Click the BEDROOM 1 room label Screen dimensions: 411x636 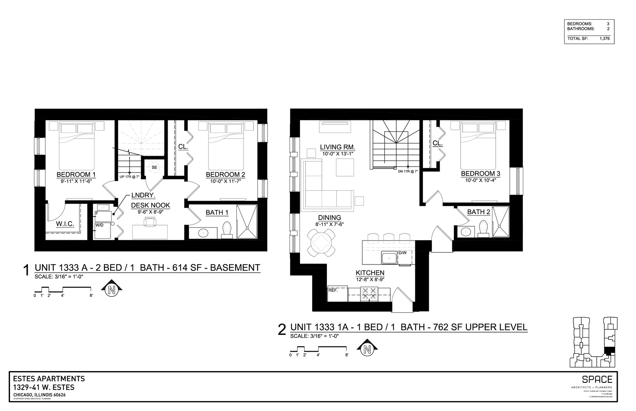[x=76, y=175]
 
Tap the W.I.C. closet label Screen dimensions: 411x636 [x=65, y=224]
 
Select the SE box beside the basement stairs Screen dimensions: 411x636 [x=154, y=167]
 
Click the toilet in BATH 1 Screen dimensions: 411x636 [x=227, y=229]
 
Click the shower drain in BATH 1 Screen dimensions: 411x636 [x=248, y=228]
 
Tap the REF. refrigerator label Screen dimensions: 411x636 [x=333, y=290]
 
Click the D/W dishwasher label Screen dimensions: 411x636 [x=403, y=253]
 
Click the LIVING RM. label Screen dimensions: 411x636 [x=337, y=147]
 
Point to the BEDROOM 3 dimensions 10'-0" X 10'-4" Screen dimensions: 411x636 [x=480, y=180]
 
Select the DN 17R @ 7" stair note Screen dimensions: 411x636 [x=408, y=171]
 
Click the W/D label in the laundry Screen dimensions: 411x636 [x=99, y=225]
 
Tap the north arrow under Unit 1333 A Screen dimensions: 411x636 [x=112, y=290]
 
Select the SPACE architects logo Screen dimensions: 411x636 [x=597, y=379]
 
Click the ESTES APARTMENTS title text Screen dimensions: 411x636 [x=49, y=379]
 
